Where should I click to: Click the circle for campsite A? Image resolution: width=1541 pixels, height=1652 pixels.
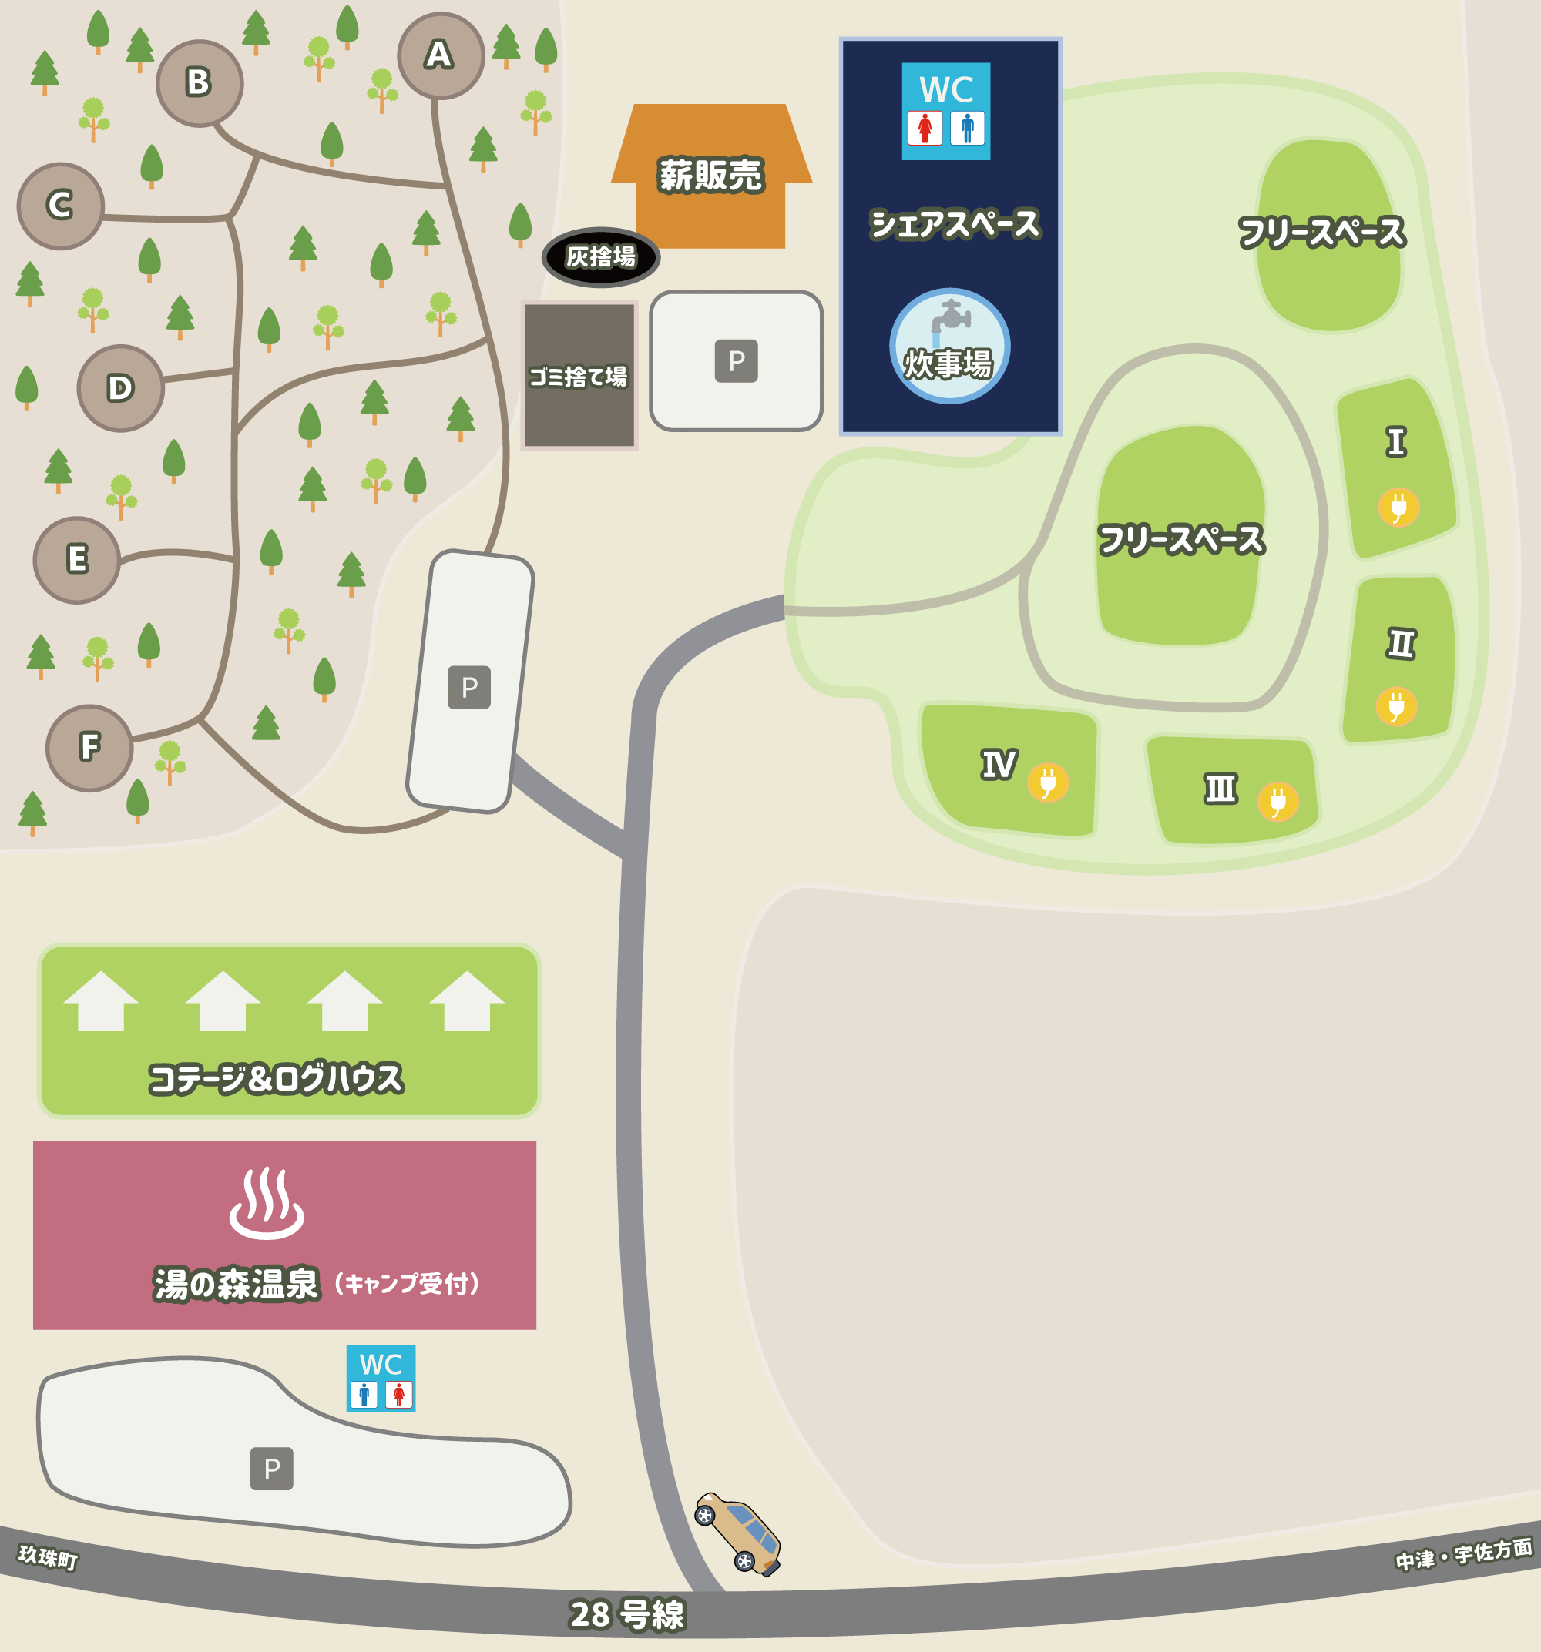coord(441,55)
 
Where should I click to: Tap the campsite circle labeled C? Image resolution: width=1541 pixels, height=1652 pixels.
coord(60,206)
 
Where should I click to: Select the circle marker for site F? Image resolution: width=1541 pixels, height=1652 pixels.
coord(89,747)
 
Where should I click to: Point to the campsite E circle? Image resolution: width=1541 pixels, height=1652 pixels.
coord(76,559)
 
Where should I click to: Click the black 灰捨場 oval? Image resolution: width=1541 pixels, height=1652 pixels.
coord(600,256)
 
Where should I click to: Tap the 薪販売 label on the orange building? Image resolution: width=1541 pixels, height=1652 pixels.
coord(710,176)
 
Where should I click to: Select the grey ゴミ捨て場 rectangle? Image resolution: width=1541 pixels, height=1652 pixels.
coord(579,376)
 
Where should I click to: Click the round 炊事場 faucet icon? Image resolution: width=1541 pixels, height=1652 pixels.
coord(949,346)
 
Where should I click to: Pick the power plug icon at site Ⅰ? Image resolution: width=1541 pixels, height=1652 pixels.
coord(1398,506)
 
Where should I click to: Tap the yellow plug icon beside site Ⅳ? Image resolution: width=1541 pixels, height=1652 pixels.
coord(1047,782)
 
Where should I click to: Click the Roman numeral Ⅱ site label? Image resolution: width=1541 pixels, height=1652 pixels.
coord(1401,643)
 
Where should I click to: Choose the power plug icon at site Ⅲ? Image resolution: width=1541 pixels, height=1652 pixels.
coord(1277,801)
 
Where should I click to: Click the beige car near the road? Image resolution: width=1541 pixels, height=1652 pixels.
coord(738,1533)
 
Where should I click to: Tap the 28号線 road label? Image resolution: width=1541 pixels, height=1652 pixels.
coord(626,1613)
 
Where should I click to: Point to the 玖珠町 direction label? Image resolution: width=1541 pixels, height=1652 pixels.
coord(49,1556)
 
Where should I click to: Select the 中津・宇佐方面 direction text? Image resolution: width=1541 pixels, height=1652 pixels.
coord(1463,1554)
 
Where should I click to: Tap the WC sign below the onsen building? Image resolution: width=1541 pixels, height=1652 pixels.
coord(381,1379)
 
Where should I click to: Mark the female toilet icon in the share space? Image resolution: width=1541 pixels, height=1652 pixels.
coord(925,128)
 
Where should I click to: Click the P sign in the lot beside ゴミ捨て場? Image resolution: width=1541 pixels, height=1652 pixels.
coord(736,360)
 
